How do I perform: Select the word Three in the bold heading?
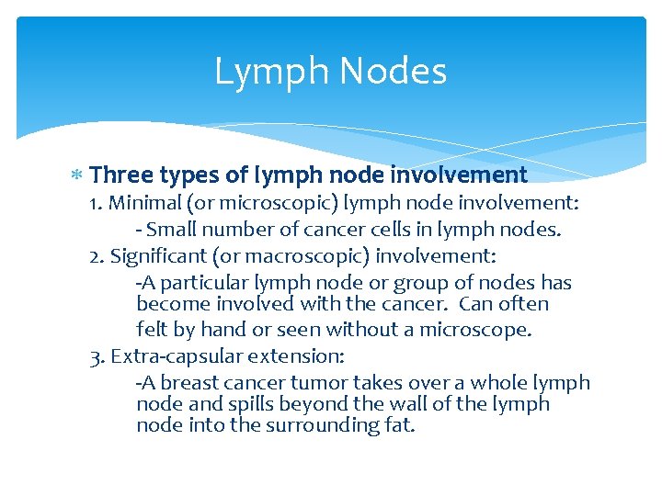(122, 175)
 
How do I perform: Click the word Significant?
(154, 254)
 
